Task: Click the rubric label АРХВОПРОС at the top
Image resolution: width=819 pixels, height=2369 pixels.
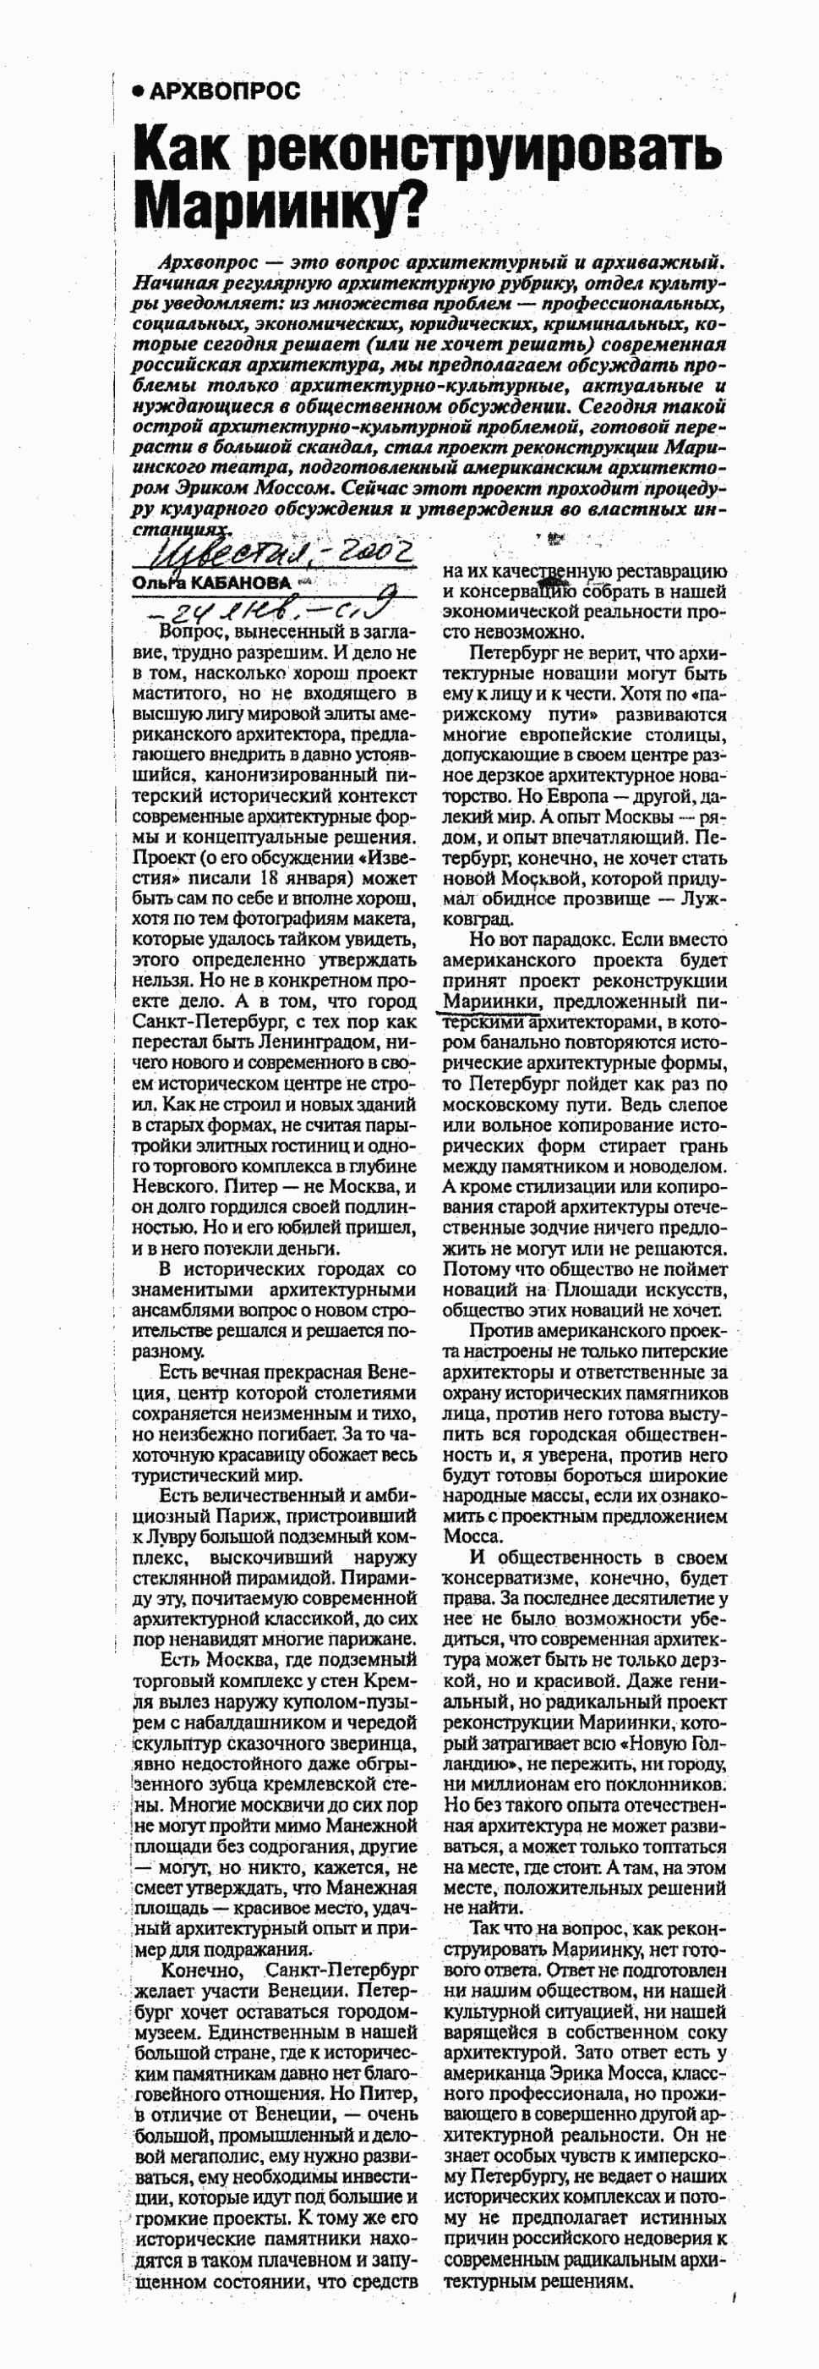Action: tap(224, 91)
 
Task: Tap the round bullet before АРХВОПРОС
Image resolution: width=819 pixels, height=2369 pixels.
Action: tap(139, 91)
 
